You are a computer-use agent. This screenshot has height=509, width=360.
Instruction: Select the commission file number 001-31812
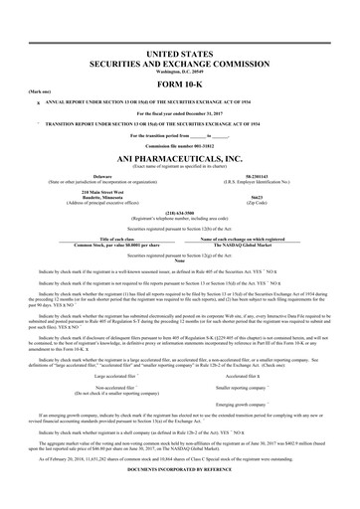click(x=179, y=143)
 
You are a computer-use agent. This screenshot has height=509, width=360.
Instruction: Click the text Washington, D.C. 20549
click(x=179, y=73)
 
